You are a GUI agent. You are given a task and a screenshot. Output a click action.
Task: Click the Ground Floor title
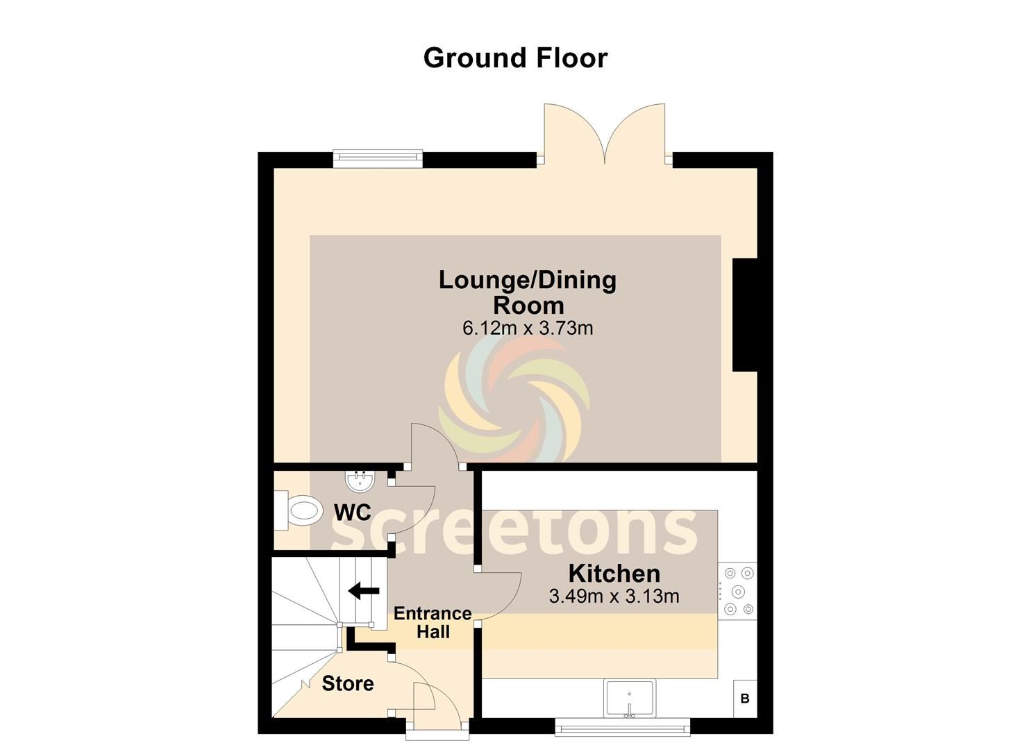[515, 58]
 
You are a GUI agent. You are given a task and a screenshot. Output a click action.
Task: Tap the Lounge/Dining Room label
[528, 293]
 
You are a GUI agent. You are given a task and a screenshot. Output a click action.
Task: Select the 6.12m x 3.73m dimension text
[528, 328]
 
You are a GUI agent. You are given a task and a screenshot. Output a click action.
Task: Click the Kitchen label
[614, 574]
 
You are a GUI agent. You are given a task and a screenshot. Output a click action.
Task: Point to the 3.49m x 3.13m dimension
[614, 597]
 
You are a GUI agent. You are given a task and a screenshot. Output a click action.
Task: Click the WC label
[353, 512]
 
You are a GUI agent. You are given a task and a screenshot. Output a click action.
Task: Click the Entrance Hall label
[433, 622]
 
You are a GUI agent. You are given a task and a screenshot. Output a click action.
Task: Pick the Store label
[348, 684]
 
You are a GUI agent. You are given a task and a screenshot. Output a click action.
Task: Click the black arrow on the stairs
[364, 591]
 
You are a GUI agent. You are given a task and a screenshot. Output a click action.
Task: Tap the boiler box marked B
[745, 699]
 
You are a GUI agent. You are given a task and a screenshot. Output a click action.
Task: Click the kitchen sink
[630, 698]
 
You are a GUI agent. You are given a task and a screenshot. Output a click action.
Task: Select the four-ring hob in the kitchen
[737, 591]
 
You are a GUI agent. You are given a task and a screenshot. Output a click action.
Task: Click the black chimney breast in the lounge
[745, 315]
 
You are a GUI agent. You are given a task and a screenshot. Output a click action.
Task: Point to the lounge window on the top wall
[378, 158]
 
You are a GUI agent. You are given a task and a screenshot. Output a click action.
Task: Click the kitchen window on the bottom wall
[622, 727]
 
